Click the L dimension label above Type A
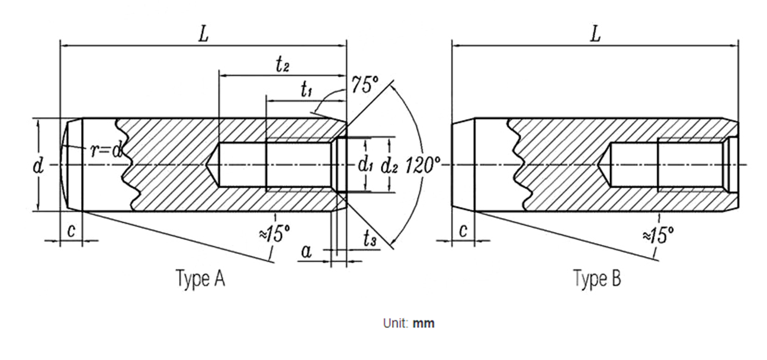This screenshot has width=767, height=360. (x=204, y=34)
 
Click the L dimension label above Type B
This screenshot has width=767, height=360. (x=595, y=34)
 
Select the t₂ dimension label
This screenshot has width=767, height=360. (x=283, y=64)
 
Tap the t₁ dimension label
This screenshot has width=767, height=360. (x=306, y=90)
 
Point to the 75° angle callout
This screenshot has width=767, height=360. (x=365, y=85)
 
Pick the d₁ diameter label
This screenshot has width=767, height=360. (x=365, y=165)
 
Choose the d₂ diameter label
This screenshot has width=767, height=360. (x=389, y=166)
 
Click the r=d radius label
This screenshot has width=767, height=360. (x=107, y=150)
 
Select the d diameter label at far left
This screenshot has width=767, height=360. (x=38, y=166)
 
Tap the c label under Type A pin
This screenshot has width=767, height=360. (x=71, y=231)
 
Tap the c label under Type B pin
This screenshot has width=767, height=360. (x=463, y=231)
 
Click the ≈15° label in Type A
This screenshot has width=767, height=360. (x=274, y=233)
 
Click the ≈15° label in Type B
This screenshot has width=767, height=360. (x=658, y=234)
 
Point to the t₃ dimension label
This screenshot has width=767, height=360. (x=370, y=238)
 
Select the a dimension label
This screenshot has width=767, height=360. (x=306, y=252)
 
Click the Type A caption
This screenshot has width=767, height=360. (x=201, y=278)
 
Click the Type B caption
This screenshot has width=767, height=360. (x=597, y=278)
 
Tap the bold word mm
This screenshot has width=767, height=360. (x=423, y=323)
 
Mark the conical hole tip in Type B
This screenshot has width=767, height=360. (x=598, y=165)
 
